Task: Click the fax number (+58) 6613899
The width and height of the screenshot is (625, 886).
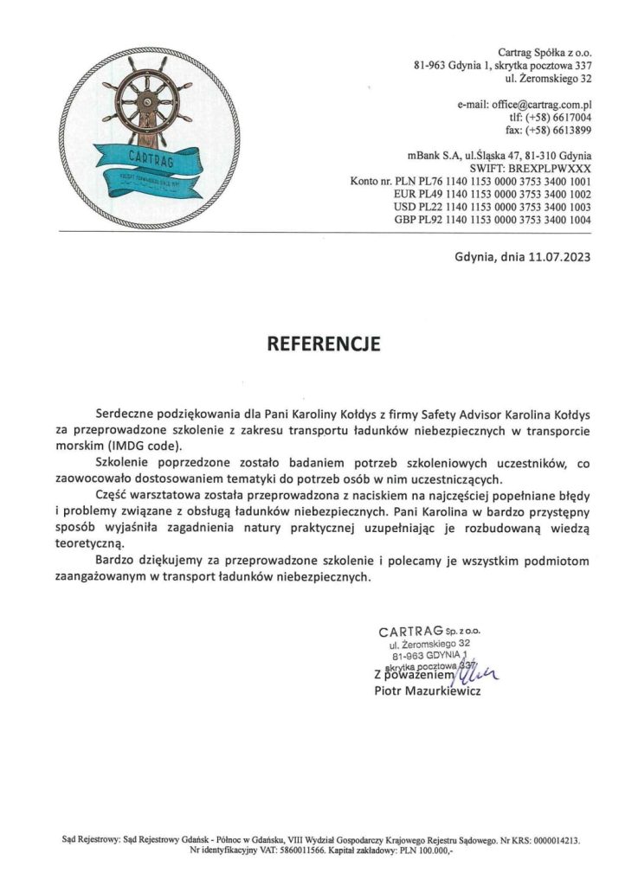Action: (x=560, y=131)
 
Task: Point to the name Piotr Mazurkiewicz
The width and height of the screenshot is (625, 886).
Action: (x=427, y=691)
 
